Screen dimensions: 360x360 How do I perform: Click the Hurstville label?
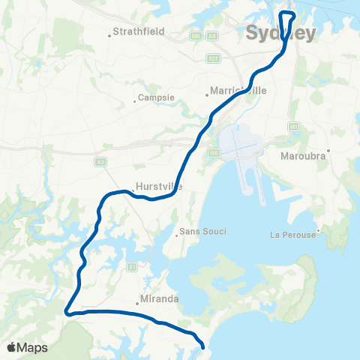click(x=155, y=187)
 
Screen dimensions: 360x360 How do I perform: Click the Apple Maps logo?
click(x=27, y=347)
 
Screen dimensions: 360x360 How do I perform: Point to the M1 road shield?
click(x=293, y=127)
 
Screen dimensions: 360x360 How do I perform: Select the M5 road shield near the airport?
click(x=214, y=154)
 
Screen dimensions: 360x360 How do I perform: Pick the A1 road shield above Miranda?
click(x=133, y=266)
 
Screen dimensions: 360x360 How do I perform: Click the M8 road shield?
click(x=196, y=35)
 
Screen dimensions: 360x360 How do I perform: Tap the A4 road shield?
click(x=213, y=35)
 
